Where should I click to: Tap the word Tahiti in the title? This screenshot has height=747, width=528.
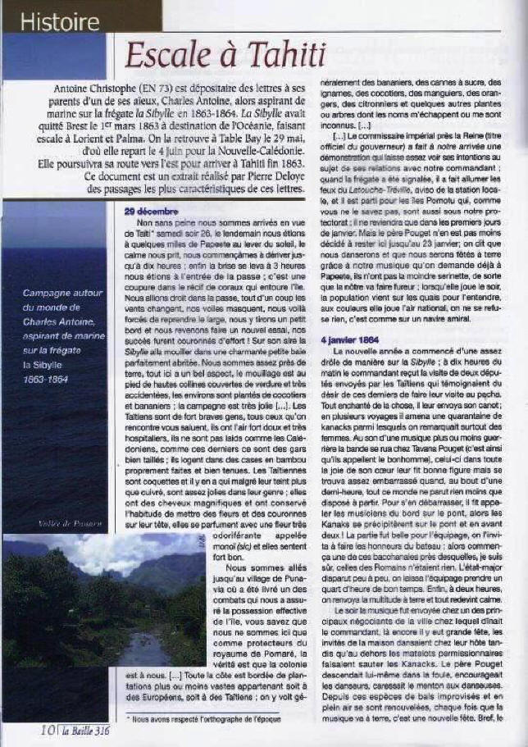(x=275, y=54)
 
